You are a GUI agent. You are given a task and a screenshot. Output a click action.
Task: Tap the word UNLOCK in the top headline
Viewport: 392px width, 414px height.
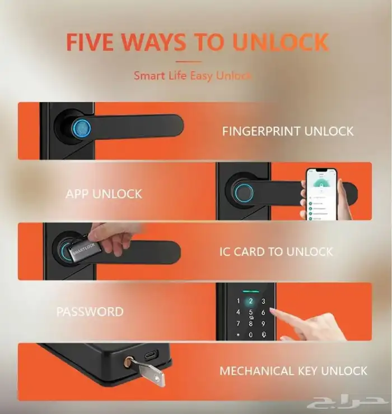281,42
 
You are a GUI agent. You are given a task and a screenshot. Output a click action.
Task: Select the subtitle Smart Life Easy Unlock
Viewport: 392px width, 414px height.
193,76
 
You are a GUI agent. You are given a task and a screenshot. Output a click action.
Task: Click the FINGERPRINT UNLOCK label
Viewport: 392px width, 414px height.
288,131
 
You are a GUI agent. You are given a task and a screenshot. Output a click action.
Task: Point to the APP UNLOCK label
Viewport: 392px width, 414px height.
104,194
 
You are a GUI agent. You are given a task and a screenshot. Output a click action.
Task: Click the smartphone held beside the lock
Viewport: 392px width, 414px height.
321,194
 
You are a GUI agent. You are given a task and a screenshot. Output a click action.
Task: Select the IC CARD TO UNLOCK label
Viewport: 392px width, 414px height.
276,252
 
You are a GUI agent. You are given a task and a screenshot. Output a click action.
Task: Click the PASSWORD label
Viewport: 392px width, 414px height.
90,312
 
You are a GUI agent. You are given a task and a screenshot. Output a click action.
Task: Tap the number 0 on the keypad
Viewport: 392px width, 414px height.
251,335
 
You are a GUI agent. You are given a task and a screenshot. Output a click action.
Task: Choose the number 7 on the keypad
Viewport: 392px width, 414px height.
239,324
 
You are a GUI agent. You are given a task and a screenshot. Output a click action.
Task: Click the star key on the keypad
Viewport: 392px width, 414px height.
239,335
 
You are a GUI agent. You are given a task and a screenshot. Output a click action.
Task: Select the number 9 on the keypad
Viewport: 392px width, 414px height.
263,324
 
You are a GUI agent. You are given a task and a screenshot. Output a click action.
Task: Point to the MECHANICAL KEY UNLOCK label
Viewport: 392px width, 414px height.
293,371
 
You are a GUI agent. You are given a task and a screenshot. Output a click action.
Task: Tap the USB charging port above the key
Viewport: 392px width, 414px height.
152,355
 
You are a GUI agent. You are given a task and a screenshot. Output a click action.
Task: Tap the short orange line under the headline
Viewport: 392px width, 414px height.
188,62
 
